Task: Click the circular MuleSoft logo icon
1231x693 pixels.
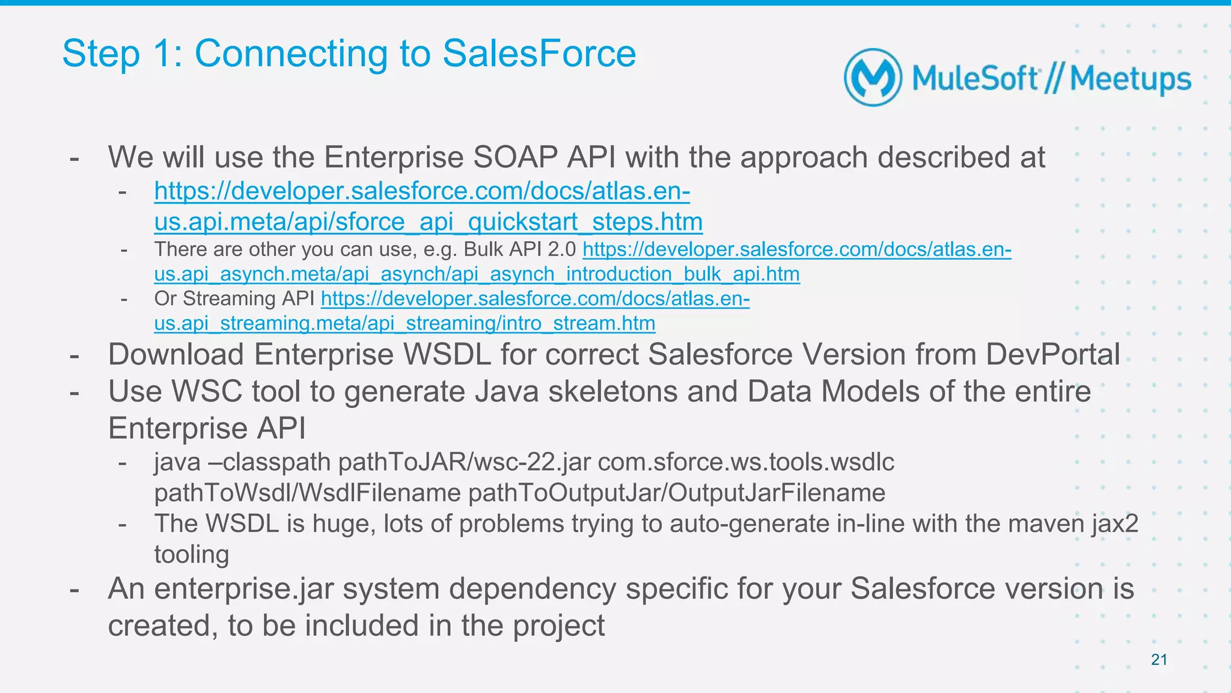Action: (x=872, y=78)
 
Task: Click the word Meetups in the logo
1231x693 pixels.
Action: (x=1130, y=79)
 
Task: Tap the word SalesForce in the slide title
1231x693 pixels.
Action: (x=539, y=53)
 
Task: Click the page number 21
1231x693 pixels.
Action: (x=1159, y=660)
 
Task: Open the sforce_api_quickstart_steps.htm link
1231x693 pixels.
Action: (x=428, y=222)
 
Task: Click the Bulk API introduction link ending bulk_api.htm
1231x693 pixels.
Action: (x=477, y=274)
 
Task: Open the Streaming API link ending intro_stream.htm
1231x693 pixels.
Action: (x=405, y=323)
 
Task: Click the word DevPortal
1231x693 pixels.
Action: (x=1052, y=355)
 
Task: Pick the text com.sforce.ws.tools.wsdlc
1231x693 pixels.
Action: (x=746, y=462)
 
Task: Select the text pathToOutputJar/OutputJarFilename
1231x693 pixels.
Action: (x=677, y=493)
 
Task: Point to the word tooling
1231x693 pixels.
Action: (x=192, y=554)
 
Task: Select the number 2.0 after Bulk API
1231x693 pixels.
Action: (x=561, y=249)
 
